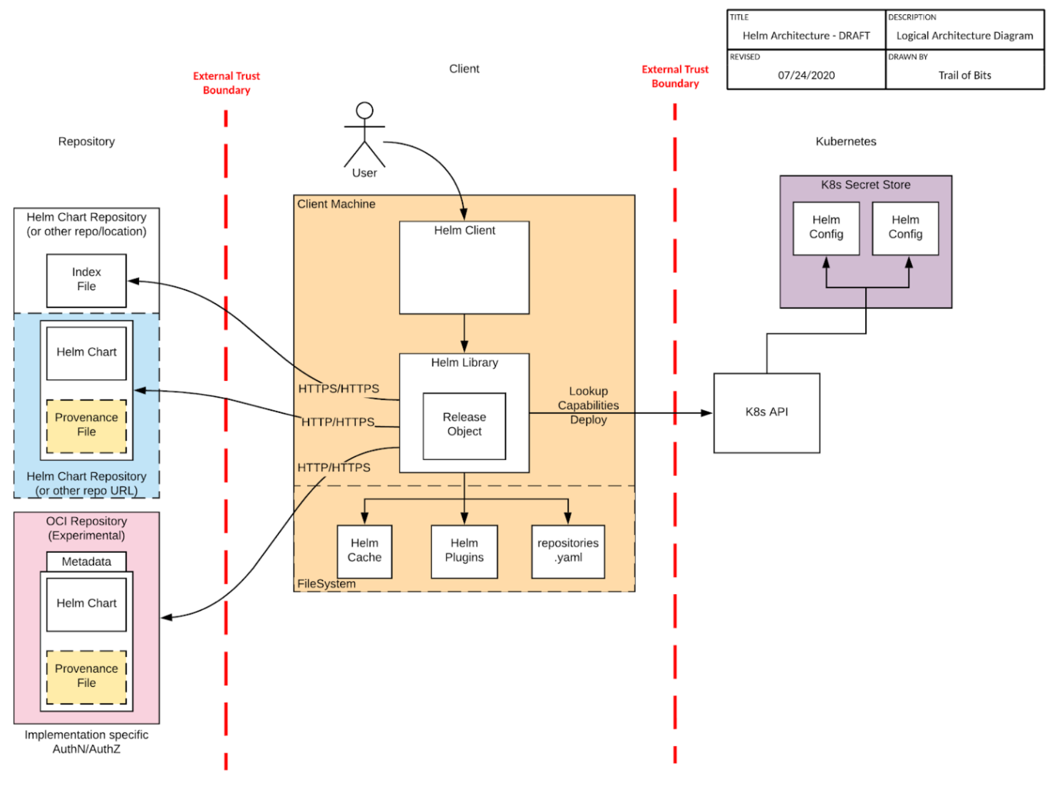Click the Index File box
point(86,280)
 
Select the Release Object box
point(464,425)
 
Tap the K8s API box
point(766,412)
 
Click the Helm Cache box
point(364,551)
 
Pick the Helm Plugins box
point(464,551)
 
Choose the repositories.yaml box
point(568,551)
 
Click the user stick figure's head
point(365,110)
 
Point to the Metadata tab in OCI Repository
point(86,562)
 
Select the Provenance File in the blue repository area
point(86,425)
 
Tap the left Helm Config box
point(825,228)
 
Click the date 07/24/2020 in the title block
point(806,75)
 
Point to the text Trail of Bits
point(964,75)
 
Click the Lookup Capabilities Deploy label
point(588,405)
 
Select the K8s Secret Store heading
point(865,185)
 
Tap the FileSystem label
point(326,583)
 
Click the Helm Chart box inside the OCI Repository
point(86,604)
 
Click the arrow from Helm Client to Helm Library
point(464,333)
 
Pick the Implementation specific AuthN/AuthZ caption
point(86,742)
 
